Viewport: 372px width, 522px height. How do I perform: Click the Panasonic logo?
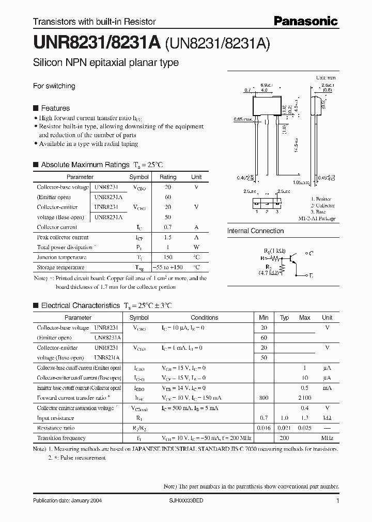point(305,21)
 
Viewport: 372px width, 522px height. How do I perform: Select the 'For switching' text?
point(54,86)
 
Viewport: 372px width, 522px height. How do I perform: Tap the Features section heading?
point(55,108)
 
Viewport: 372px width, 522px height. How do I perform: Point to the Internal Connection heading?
point(255,231)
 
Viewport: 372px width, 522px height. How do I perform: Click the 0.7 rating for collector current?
point(168,227)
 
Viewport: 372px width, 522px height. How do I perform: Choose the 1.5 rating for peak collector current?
point(168,237)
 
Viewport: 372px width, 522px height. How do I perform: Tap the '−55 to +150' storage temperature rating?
point(168,267)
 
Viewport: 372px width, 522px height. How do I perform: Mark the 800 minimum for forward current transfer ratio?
point(263,398)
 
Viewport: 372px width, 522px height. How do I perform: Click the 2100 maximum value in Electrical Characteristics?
point(305,398)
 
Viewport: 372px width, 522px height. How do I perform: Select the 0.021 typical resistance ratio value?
point(284,428)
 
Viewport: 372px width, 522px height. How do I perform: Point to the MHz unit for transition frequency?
point(327,438)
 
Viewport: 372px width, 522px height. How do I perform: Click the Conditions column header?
point(205,318)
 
